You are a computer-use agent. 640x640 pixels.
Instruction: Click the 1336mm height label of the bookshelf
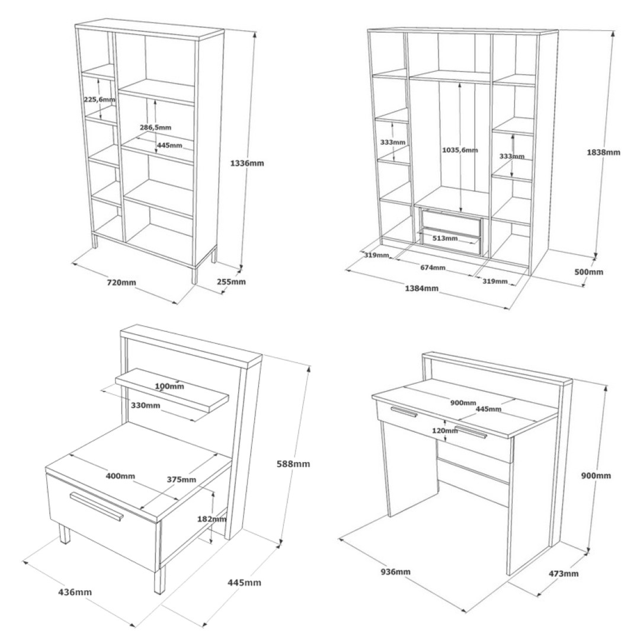[247, 164]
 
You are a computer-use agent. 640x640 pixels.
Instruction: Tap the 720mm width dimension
[121, 282]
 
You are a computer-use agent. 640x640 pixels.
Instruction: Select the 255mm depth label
[231, 281]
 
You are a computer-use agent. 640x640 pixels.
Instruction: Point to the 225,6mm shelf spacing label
[100, 99]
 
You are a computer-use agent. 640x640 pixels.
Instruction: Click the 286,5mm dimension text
[155, 127]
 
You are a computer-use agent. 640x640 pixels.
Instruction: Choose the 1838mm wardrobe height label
[603, 152]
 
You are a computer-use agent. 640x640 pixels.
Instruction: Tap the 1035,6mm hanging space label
[460, 150]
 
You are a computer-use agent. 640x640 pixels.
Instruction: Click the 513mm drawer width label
[445, 238]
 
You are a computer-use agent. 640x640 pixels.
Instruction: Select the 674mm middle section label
[433, 268]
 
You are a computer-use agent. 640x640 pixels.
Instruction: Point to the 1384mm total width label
[422, 288]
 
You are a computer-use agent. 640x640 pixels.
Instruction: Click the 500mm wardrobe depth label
[588, 272]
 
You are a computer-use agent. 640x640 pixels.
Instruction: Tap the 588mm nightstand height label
[293, 463]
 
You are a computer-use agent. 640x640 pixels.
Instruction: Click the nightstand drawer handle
[97, 507]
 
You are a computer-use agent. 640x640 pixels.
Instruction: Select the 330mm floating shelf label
[145, 405]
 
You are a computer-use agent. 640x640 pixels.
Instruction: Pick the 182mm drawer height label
[212, 519]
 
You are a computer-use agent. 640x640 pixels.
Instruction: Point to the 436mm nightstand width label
[75, 592]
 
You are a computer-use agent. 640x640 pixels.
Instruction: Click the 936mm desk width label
[395, 572]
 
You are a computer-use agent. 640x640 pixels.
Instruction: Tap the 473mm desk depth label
[564, 574]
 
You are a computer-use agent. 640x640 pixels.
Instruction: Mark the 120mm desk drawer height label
[445, 430]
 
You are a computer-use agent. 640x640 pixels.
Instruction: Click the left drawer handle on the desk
[404, 412]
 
